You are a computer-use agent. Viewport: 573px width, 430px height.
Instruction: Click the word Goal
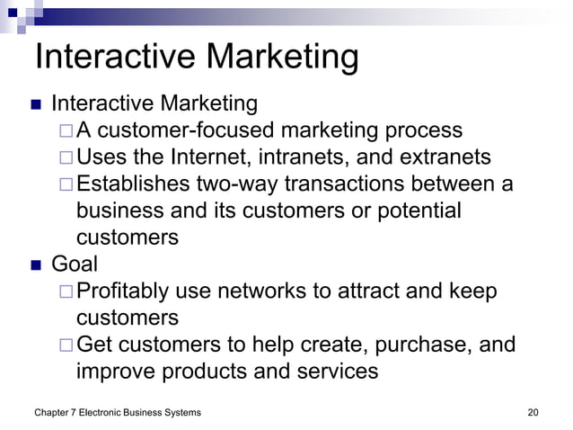tap(75, 264)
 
